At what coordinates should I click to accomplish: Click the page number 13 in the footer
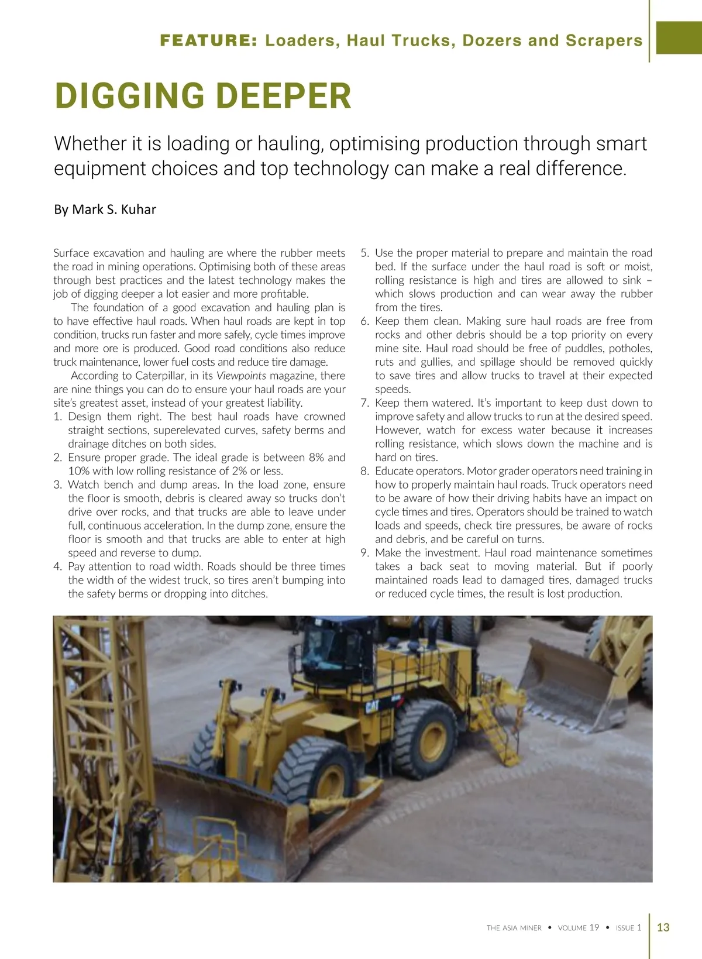(663, 927)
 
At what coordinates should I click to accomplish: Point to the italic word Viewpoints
(241, 376)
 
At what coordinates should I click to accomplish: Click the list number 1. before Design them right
(57, 417)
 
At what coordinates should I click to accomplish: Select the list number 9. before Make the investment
(364, 553)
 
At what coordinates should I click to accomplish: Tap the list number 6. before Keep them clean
(364, 321)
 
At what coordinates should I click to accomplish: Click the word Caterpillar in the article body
(161, 376)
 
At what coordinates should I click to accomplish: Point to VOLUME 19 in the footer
(579, 927)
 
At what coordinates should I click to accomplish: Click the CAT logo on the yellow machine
(372, 706)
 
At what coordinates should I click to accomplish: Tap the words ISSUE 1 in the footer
(628, 927)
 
